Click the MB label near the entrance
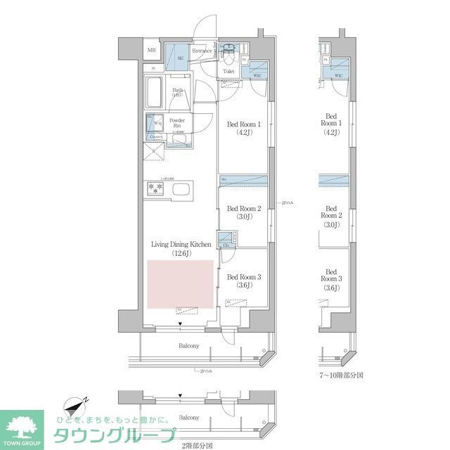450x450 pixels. [x=151, y=51]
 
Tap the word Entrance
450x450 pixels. [x=202, y=51]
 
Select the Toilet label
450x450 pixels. [x=229, y=72]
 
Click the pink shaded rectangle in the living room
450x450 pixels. [x=179, y=284]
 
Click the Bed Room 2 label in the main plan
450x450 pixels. [x=244, y=209]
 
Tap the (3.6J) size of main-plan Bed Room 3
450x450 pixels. [x=244, y=285]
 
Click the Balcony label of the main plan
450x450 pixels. [x=188, y=346]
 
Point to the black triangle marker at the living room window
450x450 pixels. [x=180, y=325]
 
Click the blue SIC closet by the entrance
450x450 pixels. [x=179, y=56]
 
